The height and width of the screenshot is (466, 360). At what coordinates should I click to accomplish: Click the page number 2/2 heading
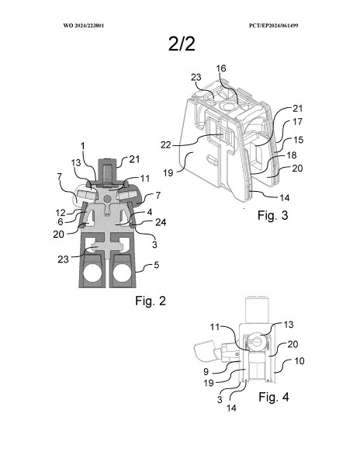(182, 43)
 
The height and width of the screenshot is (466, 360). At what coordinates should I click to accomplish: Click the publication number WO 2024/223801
(83, 26)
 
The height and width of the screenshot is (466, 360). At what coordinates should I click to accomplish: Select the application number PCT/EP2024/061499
(273, 26)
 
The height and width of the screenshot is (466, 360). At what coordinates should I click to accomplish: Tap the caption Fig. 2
(151, 301)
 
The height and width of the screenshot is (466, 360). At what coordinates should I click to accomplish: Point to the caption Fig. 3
(273, 215)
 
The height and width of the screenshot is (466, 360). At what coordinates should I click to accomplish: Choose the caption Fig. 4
(274, 397)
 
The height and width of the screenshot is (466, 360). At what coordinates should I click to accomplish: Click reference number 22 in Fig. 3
(166, 144)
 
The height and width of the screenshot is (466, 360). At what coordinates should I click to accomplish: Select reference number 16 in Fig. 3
(221, 68)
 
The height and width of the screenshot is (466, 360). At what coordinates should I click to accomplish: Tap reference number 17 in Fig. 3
(297, 122)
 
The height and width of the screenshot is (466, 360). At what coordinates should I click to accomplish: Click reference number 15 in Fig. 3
(299, 140)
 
